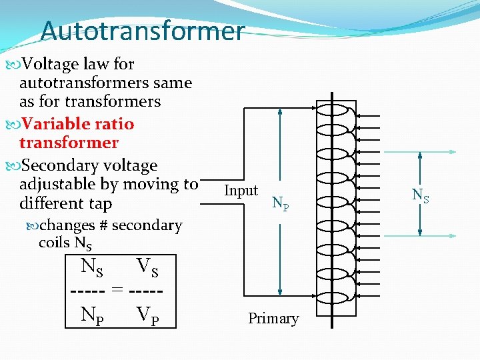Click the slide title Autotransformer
tap(142, 31)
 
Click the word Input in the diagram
tap(241, 191)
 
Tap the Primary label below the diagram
tap(273, 319)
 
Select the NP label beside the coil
tap(281, 203)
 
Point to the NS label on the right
tap(420, 195)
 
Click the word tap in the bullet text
tap(101, 203)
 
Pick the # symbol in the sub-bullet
tap(103, 225)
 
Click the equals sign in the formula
tap(117, 290)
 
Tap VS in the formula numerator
tap(147, 268)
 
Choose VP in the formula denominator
tap(147, 313)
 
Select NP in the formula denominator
tap(92, 313)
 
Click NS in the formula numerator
tap(92, 268)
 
